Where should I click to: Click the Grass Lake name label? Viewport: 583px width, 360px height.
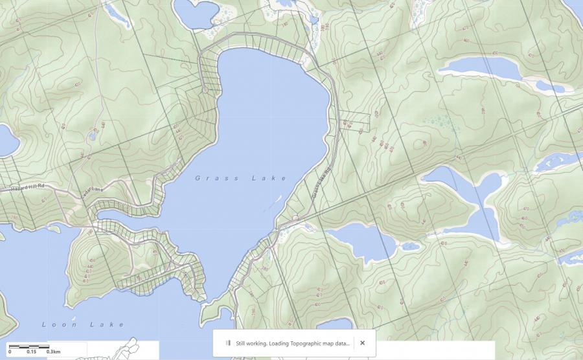point(240,178)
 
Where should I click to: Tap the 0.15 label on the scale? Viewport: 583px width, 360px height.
point(31,352)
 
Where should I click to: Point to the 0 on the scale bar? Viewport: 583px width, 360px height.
point(10,352)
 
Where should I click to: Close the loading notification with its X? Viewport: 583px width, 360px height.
point(363,343)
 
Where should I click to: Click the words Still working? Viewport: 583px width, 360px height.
point(250,343)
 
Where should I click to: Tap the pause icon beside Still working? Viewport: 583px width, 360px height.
point(227,343)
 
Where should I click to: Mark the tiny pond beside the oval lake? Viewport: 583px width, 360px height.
point(410,246)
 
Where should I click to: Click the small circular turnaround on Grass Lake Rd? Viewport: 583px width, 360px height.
point(295,218)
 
